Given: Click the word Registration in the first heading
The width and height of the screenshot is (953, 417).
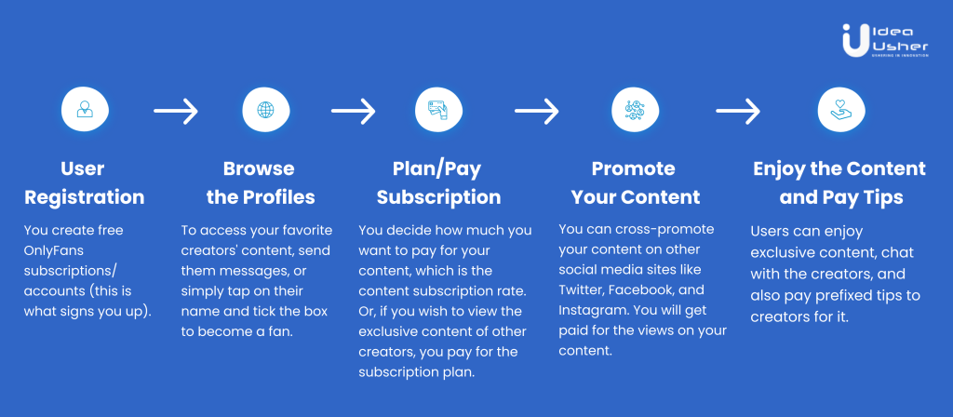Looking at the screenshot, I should pos(85,197).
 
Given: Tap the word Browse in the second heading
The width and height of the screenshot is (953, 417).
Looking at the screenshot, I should pos(258,169).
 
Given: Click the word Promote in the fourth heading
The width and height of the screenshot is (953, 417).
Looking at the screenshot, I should pos(633,169).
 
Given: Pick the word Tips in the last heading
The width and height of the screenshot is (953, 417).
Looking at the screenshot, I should pos(879,197).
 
